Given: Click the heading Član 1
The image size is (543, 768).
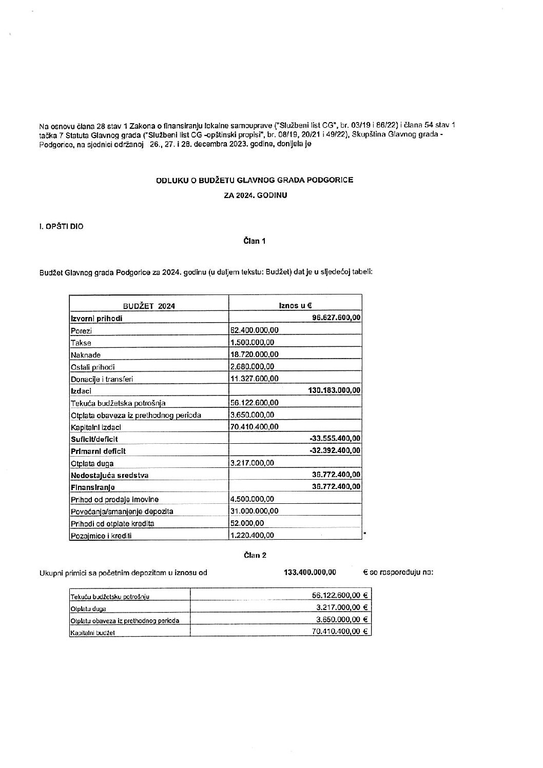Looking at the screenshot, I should coord(255,241).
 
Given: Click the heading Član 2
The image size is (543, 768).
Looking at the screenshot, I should coord(255,555).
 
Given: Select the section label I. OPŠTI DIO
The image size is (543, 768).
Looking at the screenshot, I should coord(61,226).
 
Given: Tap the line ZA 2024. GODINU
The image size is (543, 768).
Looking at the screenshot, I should coord(255,195).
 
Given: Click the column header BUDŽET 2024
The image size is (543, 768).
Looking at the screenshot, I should coord(149,306).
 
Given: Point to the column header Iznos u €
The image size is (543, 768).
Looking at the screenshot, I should coord(295,305).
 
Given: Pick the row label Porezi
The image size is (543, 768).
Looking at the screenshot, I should coord(81,330).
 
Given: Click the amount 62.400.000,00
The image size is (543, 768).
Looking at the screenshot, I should coord(255,330).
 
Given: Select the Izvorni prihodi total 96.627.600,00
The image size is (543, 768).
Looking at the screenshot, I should coord(336,318).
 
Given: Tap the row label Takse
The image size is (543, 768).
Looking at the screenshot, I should coord(81,343).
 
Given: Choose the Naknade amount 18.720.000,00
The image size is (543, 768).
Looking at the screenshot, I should coord(255,355).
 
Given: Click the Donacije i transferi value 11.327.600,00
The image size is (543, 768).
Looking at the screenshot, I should coord(255,379).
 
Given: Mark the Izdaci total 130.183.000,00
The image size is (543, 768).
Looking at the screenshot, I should coord(334,390).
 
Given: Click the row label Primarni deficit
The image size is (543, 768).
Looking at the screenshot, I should coord(98,451).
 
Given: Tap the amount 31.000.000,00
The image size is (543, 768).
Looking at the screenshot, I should coord(255,511).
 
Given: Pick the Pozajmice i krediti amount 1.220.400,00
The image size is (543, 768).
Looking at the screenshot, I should coord(252,535).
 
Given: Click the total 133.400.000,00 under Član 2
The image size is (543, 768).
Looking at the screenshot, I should coord(310,572).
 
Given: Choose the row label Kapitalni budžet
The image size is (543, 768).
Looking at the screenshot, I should coord(93,633).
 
